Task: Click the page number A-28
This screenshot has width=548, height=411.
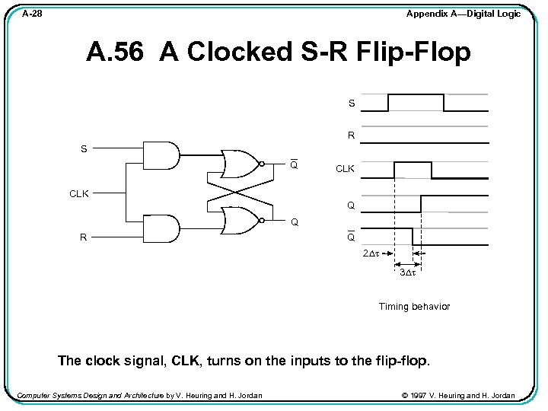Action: (32, 14)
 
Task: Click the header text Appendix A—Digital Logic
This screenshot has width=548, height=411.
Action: (464, 14)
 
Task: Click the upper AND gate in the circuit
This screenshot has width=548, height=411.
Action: (161, 155)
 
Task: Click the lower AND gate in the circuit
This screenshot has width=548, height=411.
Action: (161, 228)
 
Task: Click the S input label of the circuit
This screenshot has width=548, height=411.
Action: (84, 149)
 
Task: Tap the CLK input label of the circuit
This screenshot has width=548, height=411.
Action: (79, 194)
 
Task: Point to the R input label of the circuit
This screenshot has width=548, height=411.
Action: (84, 237)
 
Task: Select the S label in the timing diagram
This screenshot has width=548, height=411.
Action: (351, 103)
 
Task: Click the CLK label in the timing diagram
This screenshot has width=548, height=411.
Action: (345, 169)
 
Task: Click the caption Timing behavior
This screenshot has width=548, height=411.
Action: (414, 307)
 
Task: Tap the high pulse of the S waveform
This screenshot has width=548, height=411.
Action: (416, 94)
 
